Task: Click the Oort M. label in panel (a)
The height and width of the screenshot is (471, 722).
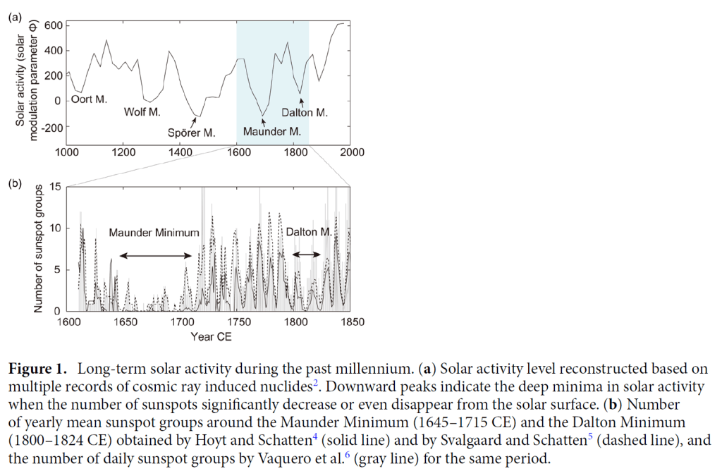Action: (90, 99)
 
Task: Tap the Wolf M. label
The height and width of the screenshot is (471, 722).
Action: (142, 111)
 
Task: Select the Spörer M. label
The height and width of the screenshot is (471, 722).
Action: (191, 133)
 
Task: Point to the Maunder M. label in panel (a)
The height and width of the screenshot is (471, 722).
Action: (272, 132)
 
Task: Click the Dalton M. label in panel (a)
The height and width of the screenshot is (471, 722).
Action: (305, 111)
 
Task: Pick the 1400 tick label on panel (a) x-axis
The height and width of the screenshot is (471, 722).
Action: (180, 152)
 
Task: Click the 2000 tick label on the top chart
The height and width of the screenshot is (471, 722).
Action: (352, 152)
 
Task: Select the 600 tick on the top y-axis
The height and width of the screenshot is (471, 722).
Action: (54, 26)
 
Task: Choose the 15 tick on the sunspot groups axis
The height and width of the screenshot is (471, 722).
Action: (56, 187)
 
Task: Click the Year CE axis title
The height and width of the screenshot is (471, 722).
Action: (211, 336)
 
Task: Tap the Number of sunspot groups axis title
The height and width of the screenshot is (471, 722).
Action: (38, 249)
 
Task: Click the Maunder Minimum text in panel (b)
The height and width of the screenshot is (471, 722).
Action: (154, 232)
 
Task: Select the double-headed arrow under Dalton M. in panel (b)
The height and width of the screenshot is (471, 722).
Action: (306, 255)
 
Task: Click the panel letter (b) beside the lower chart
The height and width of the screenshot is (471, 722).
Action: (15, 184)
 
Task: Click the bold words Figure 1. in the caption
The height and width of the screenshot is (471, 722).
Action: (39, 369)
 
